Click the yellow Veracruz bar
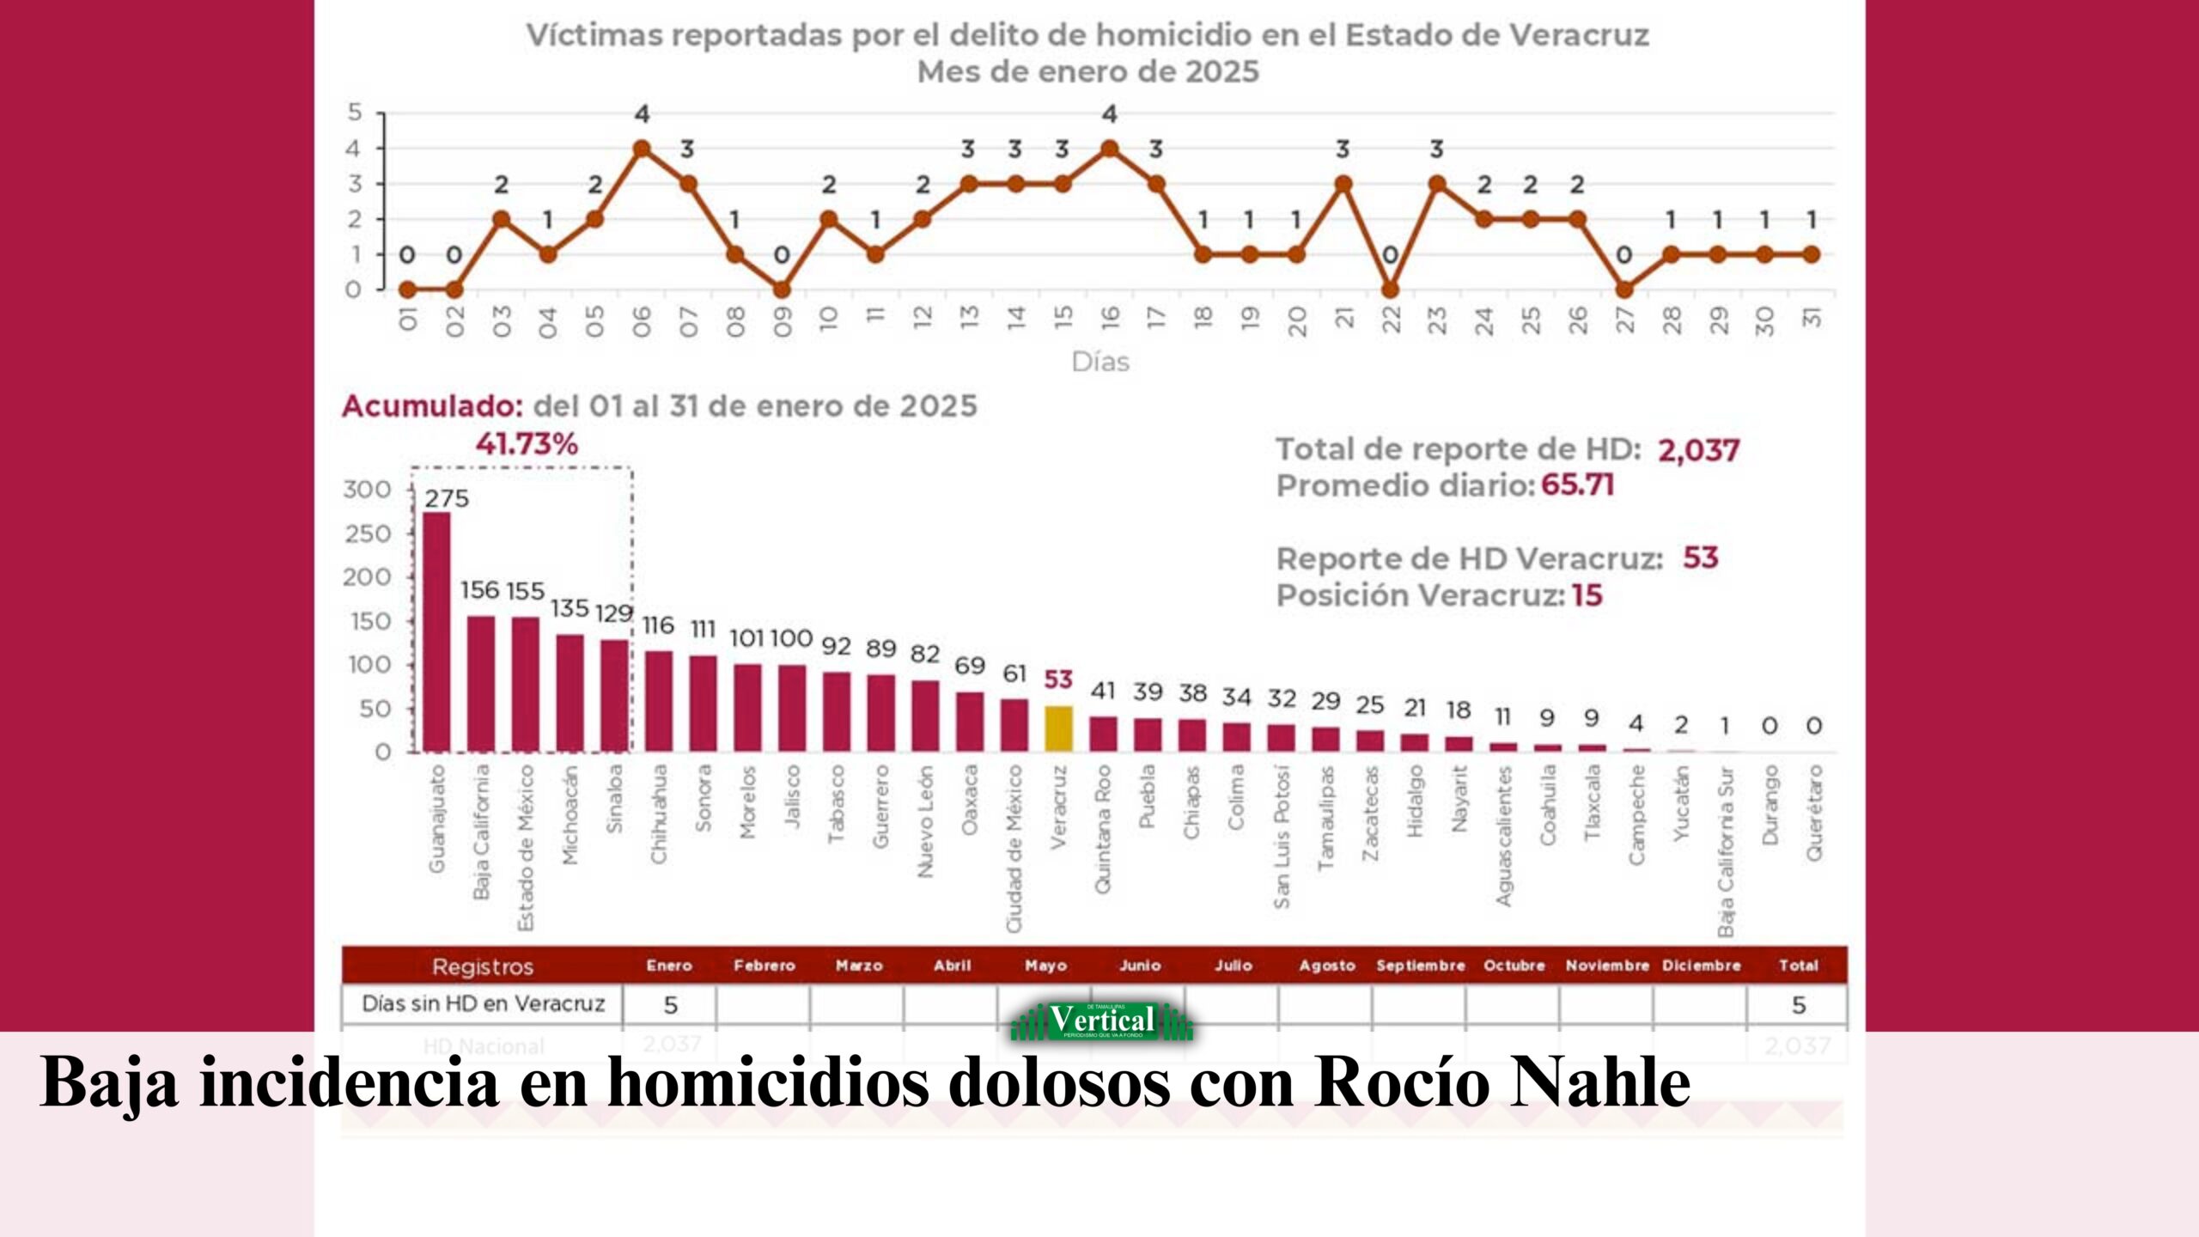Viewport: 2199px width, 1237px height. point(1058,728)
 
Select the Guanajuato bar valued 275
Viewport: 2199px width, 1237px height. point(436,631)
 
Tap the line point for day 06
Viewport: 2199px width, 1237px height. point(642,149)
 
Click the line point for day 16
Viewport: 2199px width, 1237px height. point(1109,149)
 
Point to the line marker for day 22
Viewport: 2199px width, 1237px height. point(1390,289)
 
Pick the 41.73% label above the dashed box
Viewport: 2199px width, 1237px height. point(527,444)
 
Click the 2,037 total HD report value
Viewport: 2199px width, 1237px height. point(1698,450)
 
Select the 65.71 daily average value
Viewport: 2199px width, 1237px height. point(1577,485)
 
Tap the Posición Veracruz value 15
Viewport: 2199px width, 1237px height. point(1587,595)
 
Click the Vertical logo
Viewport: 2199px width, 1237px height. point(1102,1021)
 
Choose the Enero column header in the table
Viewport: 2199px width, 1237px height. point(669,966)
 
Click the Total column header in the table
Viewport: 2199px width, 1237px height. point(1798,966)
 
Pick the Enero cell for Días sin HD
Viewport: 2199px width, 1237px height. point(670,1004)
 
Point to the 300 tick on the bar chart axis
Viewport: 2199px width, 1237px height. point(367,490)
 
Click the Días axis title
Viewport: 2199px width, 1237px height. point(1100,363)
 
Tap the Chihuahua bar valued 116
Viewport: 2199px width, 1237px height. point(659,701)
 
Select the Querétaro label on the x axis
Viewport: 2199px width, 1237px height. point(1813,813)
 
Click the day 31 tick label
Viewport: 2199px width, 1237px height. point(1811,318)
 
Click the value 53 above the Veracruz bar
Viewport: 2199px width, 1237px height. point(1058,679)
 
